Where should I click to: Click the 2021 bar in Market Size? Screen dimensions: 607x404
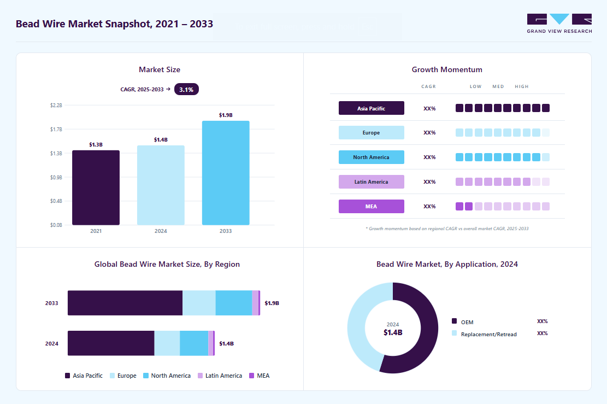96,188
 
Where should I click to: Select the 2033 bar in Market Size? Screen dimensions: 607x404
226,173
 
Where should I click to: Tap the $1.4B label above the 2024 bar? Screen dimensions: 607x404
161,139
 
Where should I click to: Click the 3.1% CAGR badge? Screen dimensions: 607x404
186,90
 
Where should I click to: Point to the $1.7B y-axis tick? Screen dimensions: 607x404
56,130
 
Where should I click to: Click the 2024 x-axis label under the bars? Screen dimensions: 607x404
161,231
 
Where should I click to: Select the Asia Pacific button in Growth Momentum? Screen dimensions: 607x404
371,108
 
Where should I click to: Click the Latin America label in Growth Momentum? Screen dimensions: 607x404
371,181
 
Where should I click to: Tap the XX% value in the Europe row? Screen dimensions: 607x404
429,132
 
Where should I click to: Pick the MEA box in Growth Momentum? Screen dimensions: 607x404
371,207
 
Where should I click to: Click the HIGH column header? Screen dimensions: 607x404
521,86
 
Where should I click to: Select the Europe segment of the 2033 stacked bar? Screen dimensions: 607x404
199,303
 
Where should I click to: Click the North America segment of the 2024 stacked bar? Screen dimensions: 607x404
194,343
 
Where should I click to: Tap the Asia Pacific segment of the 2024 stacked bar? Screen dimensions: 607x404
111,343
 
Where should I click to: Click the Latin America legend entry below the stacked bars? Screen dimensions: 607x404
220,376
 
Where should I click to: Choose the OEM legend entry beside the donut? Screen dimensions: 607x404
463,322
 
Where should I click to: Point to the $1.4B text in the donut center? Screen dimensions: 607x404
393,333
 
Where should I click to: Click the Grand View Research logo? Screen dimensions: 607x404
559,24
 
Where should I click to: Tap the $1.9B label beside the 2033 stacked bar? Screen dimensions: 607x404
272,303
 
